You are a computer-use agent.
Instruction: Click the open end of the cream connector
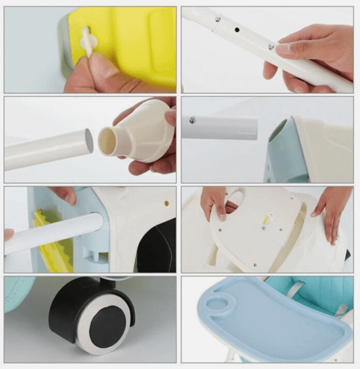pos(108,142)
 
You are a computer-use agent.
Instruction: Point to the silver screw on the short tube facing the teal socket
pos(193,120)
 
